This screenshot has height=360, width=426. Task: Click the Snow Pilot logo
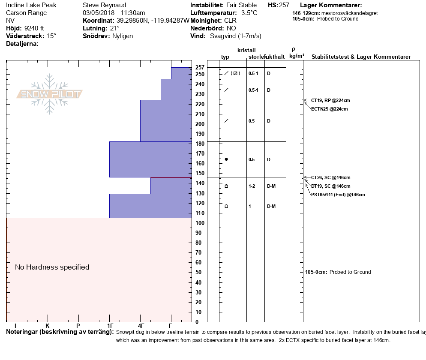(x=50, y=94)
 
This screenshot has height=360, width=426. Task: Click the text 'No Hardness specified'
(x=52, y=267)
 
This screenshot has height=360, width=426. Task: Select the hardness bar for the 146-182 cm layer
(x=150, y=159)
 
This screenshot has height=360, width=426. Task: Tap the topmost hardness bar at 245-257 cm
(x=181, y=73)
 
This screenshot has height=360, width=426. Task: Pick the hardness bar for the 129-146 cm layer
(x=171, y=186)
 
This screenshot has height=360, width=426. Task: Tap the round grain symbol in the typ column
(x=226, y=159)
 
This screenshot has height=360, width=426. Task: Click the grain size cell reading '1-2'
(x=252, y=186)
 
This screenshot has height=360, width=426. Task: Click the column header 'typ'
(x=225, y=57)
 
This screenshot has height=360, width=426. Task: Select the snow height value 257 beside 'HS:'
(x=284, y=5)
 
